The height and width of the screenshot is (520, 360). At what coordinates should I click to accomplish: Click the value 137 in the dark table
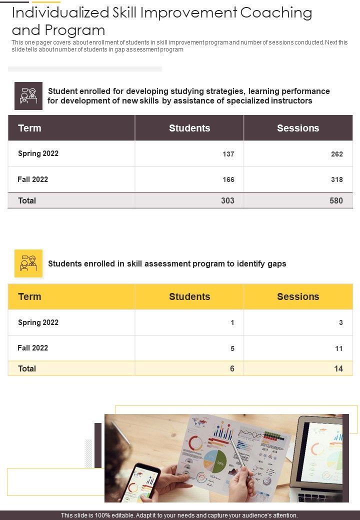click(x=228, y=154)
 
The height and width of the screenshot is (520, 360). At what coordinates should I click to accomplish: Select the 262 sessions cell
click(x=336, y=154)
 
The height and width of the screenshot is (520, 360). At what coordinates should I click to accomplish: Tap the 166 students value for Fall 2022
click(x=228, y=179)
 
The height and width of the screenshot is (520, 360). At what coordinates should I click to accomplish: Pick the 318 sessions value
click(x=336, y=179)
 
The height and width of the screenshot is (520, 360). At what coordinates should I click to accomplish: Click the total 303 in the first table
click(x=227, y=200)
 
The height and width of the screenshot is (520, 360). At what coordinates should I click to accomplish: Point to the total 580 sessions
click(x=336, y=200)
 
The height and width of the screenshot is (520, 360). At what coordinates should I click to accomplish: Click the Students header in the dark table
click(x=189, y=128)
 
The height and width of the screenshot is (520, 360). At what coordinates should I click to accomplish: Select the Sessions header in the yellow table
click(x=298, y=296)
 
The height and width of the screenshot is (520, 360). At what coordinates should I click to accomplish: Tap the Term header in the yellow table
click(x=29, y=296)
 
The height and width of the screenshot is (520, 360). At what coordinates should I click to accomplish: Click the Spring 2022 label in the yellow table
click(x=38, y=322)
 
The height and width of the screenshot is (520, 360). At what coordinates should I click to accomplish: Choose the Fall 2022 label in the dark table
click(x=33, y=179)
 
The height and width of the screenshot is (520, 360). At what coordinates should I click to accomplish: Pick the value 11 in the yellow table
click(x=338, y=348)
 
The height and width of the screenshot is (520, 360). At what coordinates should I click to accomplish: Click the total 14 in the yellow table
click(x=338, y=368)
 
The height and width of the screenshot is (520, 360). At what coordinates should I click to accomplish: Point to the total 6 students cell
click(x=232, y=368)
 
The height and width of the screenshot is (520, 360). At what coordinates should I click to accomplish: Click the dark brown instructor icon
click(x=28, y=95)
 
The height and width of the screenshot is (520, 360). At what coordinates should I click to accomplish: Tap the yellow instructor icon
click(x=28, y=263)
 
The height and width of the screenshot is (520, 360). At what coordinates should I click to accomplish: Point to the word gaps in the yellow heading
click(x=276, y=263)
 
